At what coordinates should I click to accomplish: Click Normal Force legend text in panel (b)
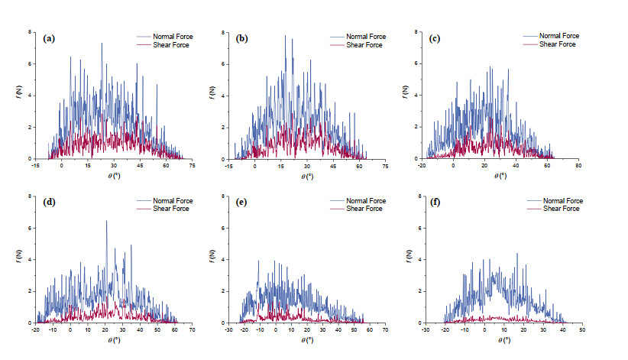click(365, 36)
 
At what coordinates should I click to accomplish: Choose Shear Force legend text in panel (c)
click(559, 44)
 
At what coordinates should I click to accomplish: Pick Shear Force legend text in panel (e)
click(365, 209)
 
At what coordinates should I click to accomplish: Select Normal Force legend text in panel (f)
click(563, 200)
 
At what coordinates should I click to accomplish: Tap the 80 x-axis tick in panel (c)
click(578, 165)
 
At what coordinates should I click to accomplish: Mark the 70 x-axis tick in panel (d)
click(193, 329)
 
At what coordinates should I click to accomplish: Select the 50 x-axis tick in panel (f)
click(582, 329)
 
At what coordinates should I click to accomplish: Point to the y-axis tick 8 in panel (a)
click(30, 32)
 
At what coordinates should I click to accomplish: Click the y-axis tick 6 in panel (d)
click(30, 228)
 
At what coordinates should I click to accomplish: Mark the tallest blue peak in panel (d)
click(106, 222)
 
